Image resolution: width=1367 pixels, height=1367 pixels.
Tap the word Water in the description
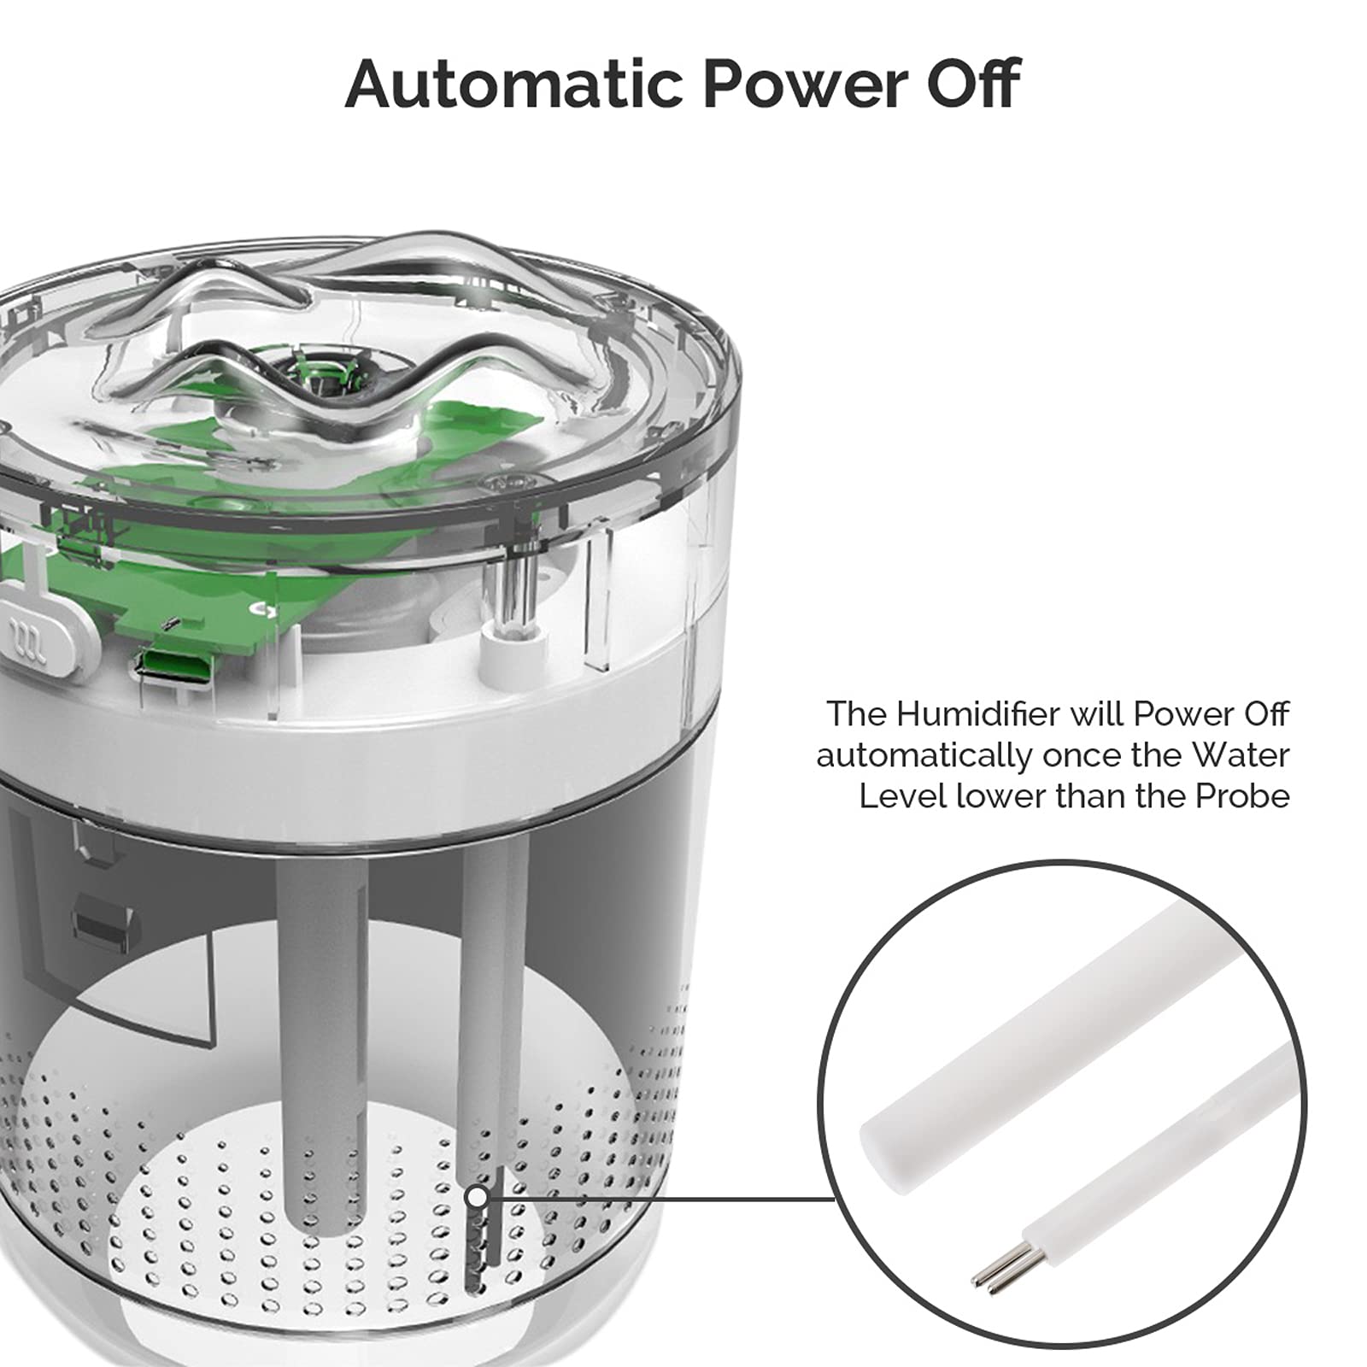[1241, 755]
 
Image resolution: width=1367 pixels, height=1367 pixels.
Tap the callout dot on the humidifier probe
[478, 1198]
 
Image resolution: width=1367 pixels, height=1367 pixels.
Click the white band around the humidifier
[359, 735]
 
